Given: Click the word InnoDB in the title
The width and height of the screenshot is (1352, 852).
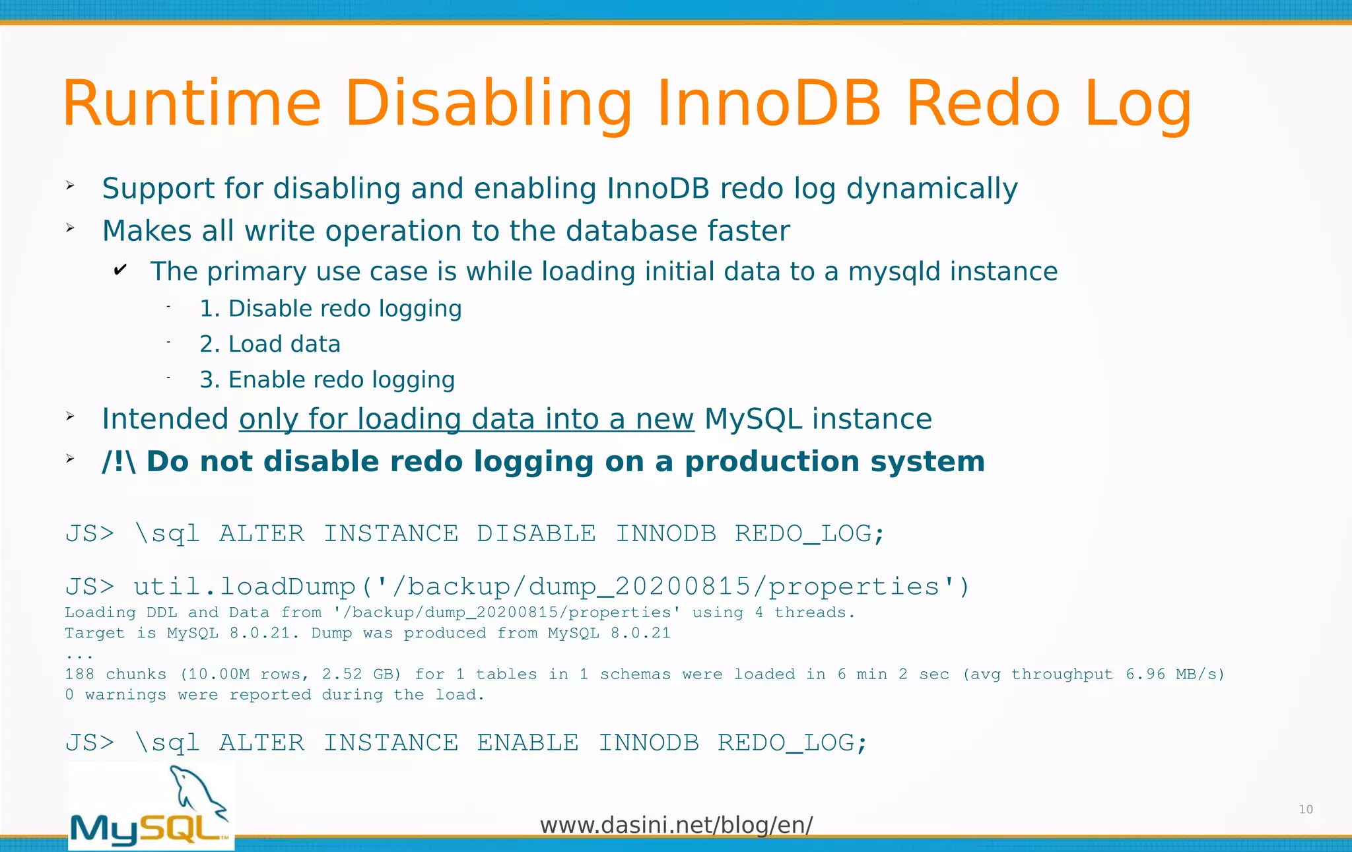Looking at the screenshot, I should click(x=768, y=104).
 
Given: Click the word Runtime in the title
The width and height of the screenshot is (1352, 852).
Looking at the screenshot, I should click(x=191, y=104).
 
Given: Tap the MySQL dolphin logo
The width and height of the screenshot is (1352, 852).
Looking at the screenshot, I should click(x=151, y=806).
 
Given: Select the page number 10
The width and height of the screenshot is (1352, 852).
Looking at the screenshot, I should click(x=1305, y=809).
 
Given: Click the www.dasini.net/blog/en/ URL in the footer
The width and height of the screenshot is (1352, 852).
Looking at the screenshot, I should click(x=676, y=825).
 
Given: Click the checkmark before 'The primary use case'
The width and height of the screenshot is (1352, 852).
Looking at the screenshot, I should click(x=120, y=269).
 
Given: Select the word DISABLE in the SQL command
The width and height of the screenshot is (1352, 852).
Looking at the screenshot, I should click(x=536, y=533).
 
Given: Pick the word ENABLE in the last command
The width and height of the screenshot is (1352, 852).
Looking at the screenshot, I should click(x=527, y=743).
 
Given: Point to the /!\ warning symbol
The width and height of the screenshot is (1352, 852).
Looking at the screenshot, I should click(x=119, y=461).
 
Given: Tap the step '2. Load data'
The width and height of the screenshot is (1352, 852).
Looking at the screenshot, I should click(x=270, y=344).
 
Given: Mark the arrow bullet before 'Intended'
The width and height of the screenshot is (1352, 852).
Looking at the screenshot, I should click(x=71, y=416).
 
